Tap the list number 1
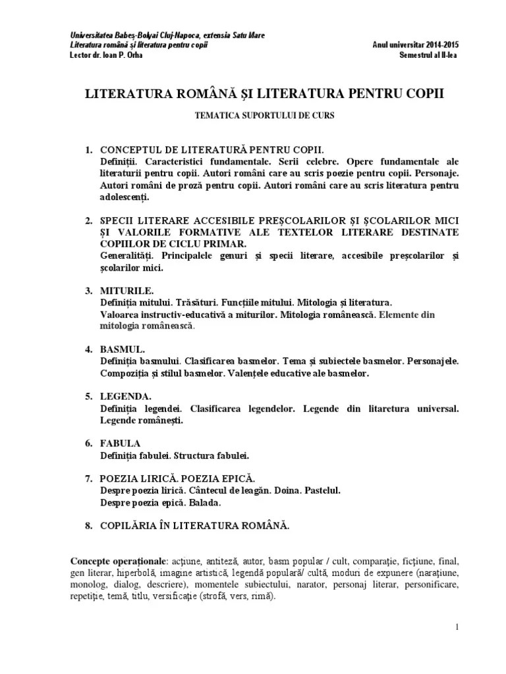[89, 150]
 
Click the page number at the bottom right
[456, 627]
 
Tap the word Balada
[204, 503]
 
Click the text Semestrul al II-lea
[428, 55]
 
